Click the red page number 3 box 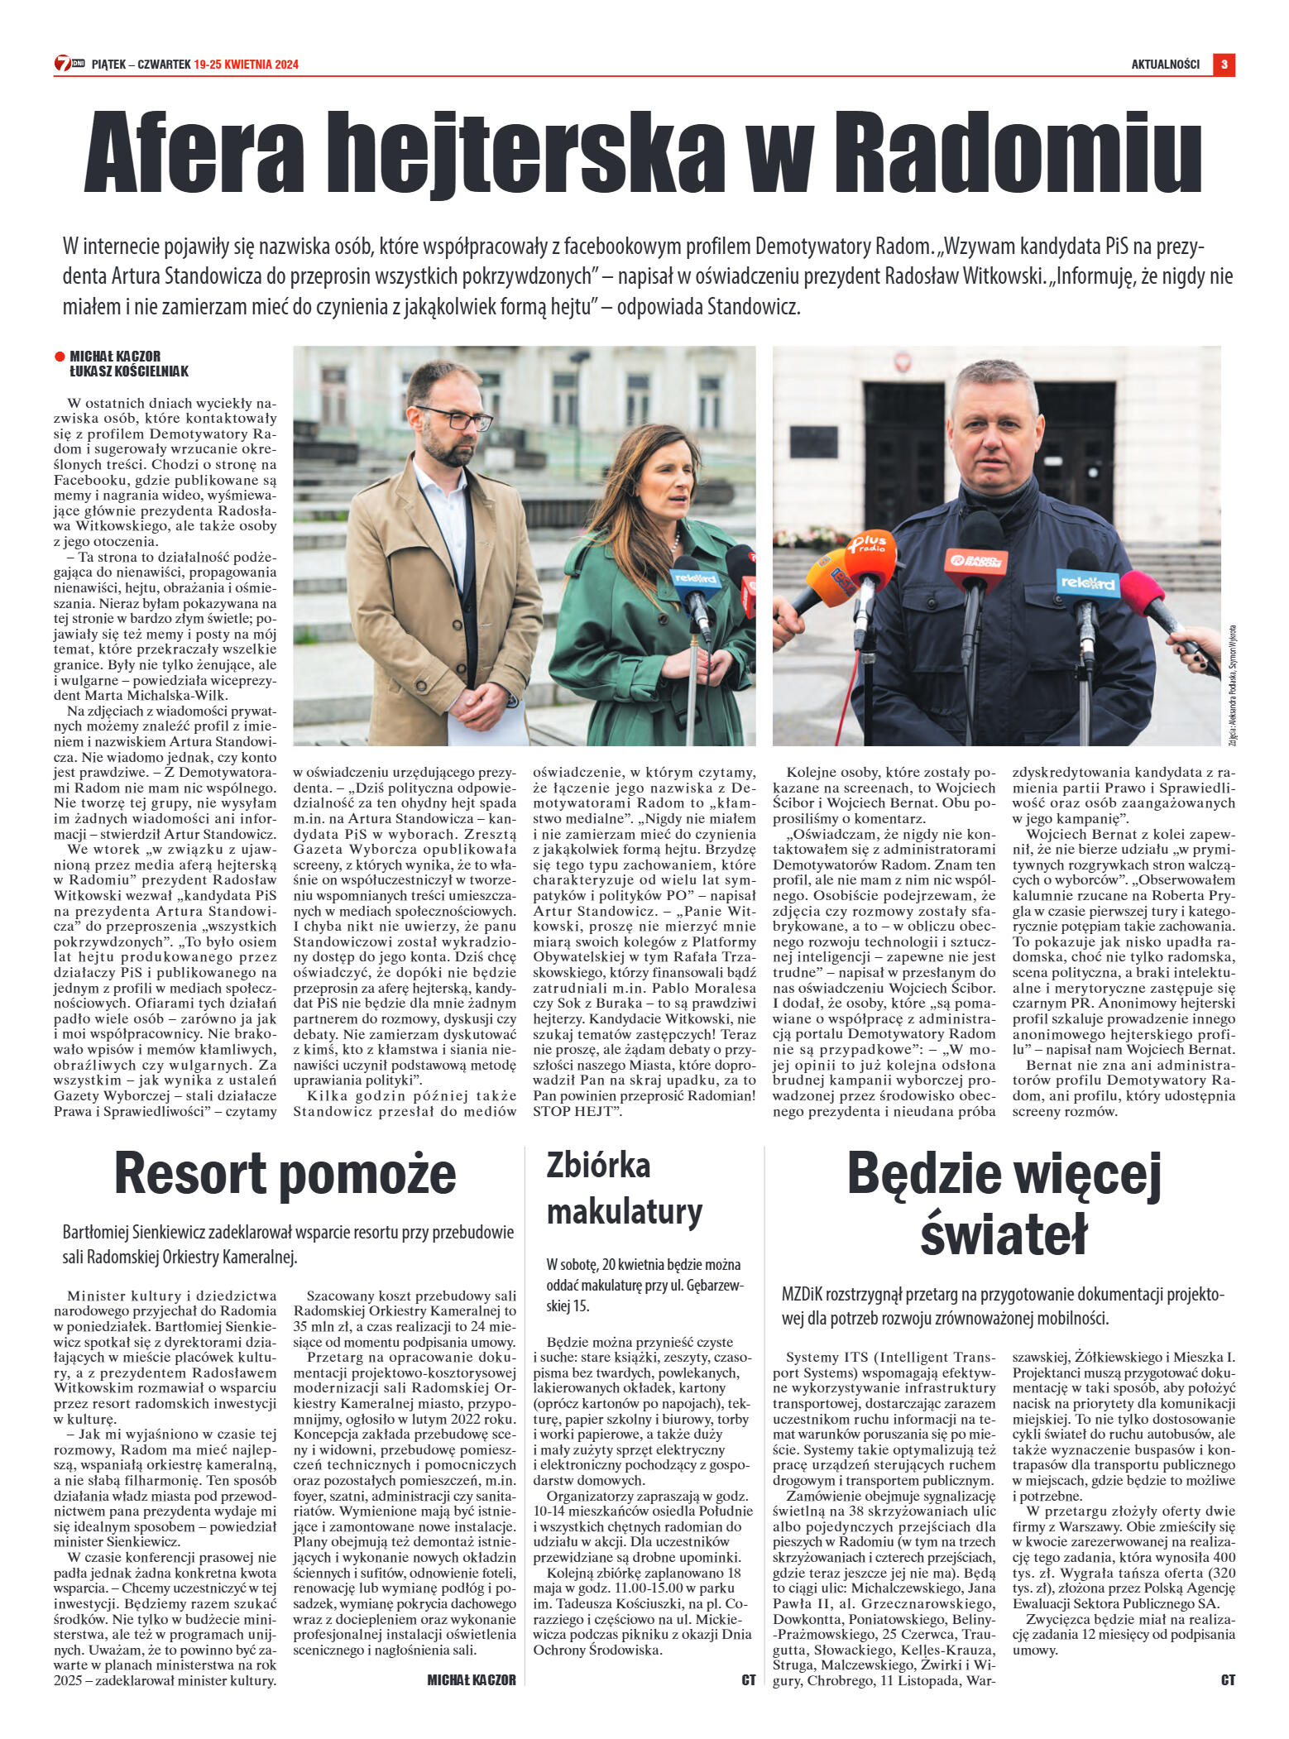tap(1224, 65)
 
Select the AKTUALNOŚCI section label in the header tap(1165, 65)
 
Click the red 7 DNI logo tap(69, 64)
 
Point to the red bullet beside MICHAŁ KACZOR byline tap(60, 357)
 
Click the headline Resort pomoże tap(285, 1175)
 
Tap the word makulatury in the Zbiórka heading tap(625, 1213)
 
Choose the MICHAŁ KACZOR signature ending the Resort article tap(472, 1679)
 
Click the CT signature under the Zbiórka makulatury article tap(749, 1680)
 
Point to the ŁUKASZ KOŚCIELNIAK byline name tap(129, 371)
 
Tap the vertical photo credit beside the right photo tap(1232, 687)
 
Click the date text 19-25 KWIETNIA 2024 tap(247, 65)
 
